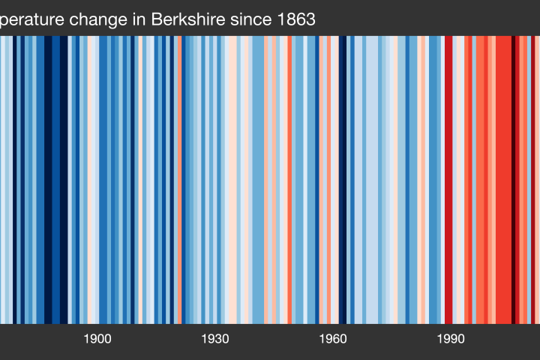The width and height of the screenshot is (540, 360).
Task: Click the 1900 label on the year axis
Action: [x=97, y=338]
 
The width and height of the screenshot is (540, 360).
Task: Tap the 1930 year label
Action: [x=215, y=338]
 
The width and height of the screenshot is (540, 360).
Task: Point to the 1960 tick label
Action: [x=333, y=338]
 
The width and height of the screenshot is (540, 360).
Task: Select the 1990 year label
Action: [x=451, y=338]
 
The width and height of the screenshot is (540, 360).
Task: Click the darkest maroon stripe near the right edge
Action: [x=514, y=180]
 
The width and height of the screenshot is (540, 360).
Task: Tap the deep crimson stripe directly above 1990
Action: [x=449, y=180]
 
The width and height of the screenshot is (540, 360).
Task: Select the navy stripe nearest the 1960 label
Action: [x=343, y=180]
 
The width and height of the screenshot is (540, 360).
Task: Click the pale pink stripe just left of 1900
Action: [x=91, y=180]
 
